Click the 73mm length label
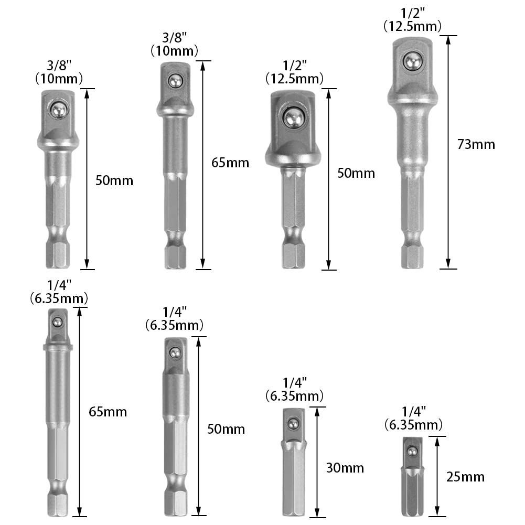[x=476, y=144]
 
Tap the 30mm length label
[x=345, y=468]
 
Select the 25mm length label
[x=465, y=477]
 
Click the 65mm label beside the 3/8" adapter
[x=230, y=163]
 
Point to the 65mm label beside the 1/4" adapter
[x=108, y=412]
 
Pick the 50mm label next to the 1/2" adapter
[x=356, y=173]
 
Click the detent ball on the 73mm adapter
[x=412, y=61]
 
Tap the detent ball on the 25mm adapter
[x=412, y=452]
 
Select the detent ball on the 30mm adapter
[x=293, y=424]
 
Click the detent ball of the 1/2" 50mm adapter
[x=294, y=117]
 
